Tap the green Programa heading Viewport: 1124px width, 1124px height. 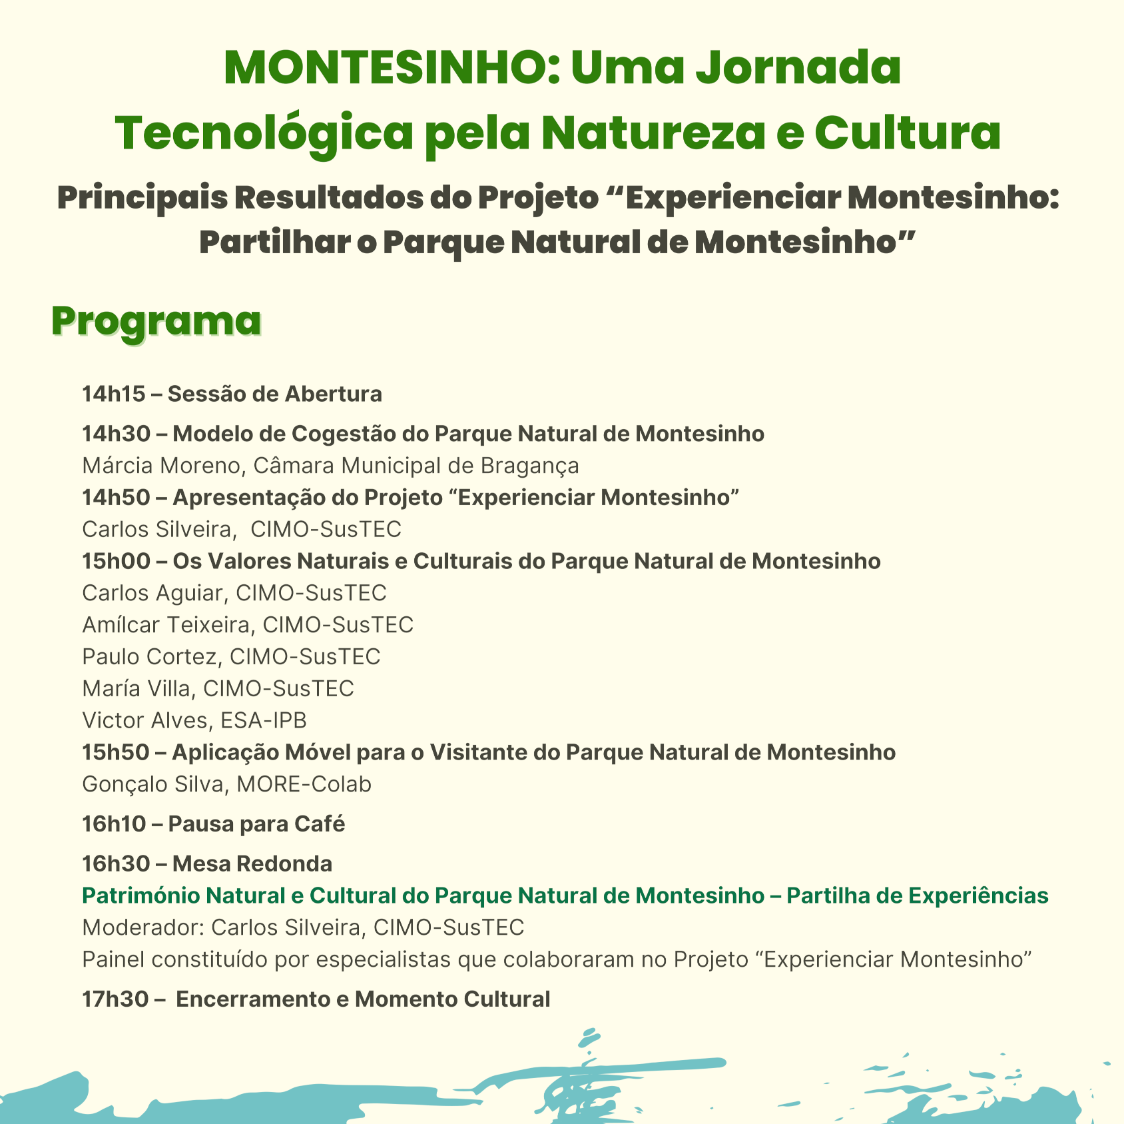156,322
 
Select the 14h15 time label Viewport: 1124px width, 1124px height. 113,394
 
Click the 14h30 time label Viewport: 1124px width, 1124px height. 116,434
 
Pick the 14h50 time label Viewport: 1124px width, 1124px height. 116,497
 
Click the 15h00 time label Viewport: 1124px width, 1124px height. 116,561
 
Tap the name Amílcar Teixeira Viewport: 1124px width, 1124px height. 166,625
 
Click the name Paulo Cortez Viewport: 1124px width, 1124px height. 149,657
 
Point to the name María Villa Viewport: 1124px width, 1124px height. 138,688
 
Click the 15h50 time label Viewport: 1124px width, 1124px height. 116,752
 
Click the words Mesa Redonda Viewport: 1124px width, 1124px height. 252,864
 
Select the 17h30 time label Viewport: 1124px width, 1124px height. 115,999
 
